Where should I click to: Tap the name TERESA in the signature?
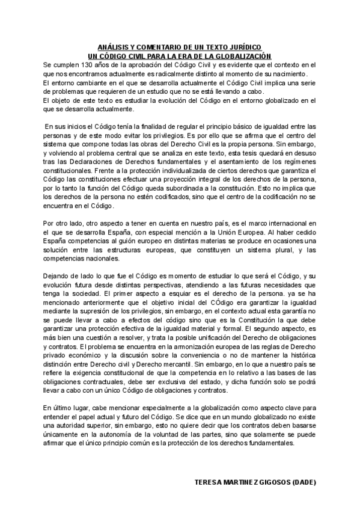tap(210, 482)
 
